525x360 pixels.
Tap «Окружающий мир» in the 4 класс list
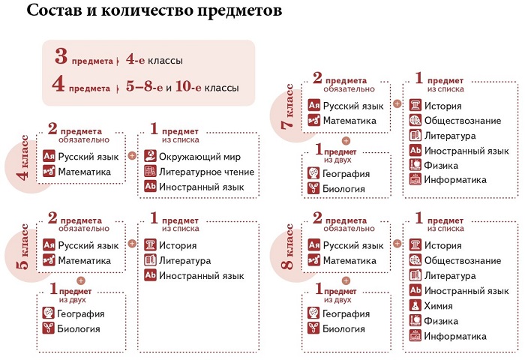pos(199,157)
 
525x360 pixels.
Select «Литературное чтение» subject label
pos(206,172)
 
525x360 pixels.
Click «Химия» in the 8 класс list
pos(438,306)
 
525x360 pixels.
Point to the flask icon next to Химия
pos(415,305)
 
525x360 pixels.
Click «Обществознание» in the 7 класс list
pos(463,121)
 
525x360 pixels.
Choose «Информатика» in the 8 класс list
pos(455,336)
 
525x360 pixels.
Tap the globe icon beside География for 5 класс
pos(49,313)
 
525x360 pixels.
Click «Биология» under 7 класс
pos(343,189)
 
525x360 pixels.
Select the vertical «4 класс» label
pos(23,157)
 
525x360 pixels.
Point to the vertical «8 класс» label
pos(287,247)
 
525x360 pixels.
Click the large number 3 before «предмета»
pos(61,56)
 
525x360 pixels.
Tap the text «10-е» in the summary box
pos(188,86)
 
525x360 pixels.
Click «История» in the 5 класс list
pos(178,245)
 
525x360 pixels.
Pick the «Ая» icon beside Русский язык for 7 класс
pos(313,106)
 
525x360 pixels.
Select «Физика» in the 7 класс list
pos(441,166)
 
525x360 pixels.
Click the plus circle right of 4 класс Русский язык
pos(132,156)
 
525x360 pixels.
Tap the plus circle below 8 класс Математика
pos(346,280)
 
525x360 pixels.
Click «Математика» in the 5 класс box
pos(84,260)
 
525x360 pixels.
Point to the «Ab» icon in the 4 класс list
pos(150,186)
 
